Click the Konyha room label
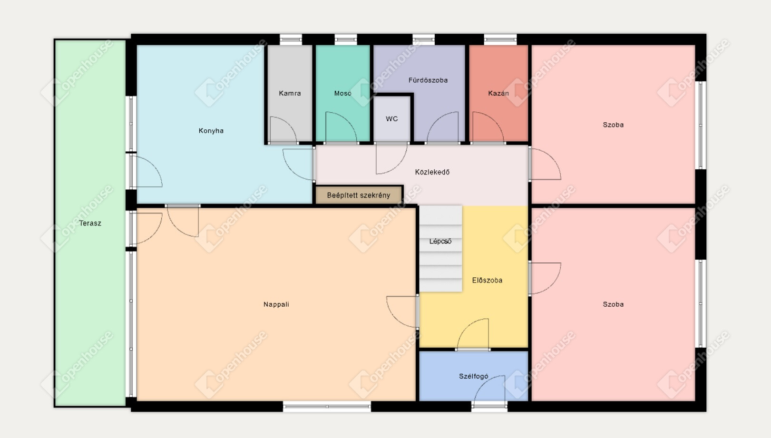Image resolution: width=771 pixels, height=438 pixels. pyautogui.click(x=211, y=131)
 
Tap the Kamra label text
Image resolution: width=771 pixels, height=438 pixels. pyautogui.click(x=290, y=93)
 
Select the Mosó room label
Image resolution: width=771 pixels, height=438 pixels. pyautogui.click(x=343, y=93)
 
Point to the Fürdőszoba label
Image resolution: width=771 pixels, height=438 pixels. pyautogui.click(x=428, y=80)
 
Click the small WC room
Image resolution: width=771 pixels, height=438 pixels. pyautogui.click(x=392, y=119)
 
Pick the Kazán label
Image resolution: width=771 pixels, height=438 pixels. pyautogui.click(x=498, y=93)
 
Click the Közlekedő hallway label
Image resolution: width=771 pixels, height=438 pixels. pyautogui.click(x=432, y=172)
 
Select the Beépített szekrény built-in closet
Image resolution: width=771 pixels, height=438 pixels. pyautogui.click(x=359, y=195)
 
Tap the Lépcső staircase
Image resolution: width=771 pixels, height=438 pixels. pyautogui.click(x=440, y=249)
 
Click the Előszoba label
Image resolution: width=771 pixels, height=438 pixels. pyautogui.click(x=487, y=281)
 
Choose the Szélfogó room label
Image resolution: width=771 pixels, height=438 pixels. pyautogui.click(x=474, y=376)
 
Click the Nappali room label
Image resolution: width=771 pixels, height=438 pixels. pyautogui.click(x=276, y=304)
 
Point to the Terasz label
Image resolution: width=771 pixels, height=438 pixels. pyautogui.click(x=90, y=224)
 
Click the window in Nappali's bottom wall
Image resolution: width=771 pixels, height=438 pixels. pyautogui.click(x=327, y=407)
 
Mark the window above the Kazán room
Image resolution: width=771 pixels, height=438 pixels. pyautogui.click(x=500, y=39)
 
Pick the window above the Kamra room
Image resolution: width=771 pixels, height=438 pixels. pyautogui.click(x=291, y=39)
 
